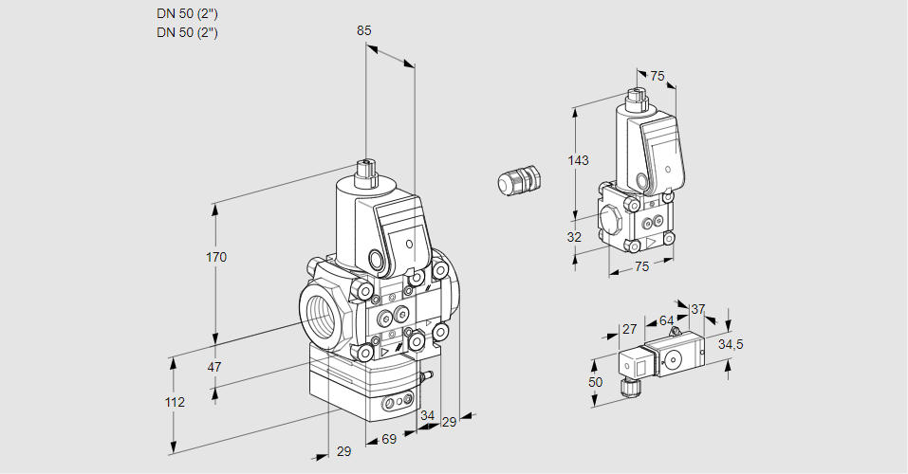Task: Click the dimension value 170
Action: [216, 257]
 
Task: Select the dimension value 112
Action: [174, 402]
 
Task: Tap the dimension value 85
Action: [363, 30]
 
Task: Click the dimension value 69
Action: [389, 439]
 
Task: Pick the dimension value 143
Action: [578, 160]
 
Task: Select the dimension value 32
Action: [574, 237]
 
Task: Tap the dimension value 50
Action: [595, 381]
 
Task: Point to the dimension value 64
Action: [666, 321]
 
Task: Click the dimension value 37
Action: [697, 309]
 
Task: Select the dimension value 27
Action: [629, 329]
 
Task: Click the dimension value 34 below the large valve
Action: [427, 415]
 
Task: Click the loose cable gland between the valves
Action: [519, 180]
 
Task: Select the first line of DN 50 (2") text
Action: [188, 14]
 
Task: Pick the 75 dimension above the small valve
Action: [658, 77]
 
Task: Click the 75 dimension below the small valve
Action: [642, 266]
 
